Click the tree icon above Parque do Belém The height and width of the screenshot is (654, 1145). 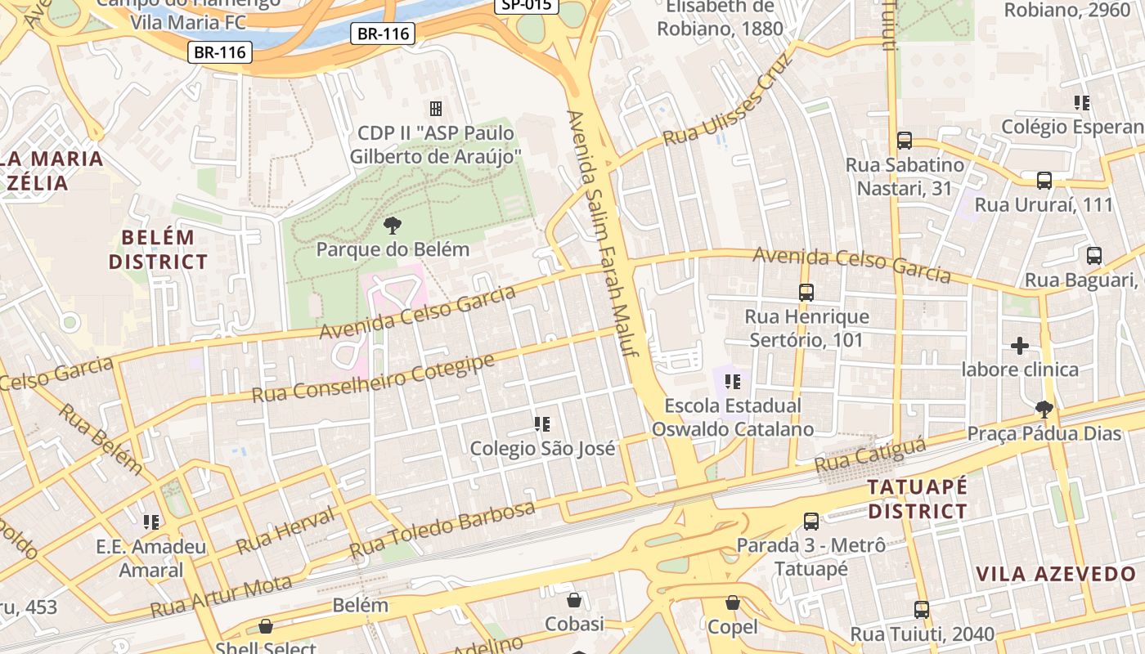(x=393, y=226)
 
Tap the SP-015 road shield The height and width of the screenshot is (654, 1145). (x=527, y=5)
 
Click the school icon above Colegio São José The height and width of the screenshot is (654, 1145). (x=542, y=424)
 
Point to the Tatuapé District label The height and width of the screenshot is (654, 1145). (x=917, y=499)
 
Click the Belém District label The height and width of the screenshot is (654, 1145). (x=159, y=250)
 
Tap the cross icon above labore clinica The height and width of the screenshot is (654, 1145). (x=1020, y=346)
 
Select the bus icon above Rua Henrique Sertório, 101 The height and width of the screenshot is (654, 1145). (x=806, y=292)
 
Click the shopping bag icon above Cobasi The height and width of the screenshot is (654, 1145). (x=574, y=601)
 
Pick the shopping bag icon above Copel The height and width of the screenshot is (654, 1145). (x=733, y=603)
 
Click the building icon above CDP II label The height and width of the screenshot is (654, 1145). (x=435, y=108)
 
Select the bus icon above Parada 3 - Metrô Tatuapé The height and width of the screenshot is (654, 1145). (x=811, y=521)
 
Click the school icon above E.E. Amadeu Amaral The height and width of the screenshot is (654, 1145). (x=151, y=522)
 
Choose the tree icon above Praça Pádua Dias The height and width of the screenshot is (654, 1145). (x=1044, y=409)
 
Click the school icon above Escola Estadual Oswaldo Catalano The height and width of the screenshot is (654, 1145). (x=733, y=382)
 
